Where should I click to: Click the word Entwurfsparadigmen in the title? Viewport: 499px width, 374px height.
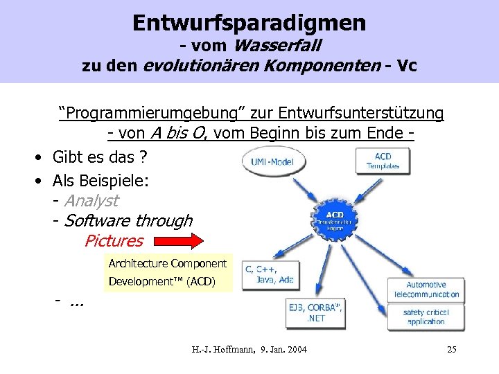click(x=249, y=22)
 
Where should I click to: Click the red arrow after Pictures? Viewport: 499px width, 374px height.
click(x=179, y=242)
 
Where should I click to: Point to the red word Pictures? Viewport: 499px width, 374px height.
click(x=113, y=241)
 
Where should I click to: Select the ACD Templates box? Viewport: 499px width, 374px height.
click(x=383, y=161)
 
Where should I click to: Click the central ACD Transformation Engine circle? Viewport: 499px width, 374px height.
click(x=335, y=220)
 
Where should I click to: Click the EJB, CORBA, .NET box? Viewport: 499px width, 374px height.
click(x=315, y=312)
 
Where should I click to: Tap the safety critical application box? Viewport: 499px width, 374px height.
click(x=426, y=317)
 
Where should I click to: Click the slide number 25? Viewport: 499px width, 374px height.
click(x=451, y=349)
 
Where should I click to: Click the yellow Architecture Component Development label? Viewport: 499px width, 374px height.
click(x=168, y=273)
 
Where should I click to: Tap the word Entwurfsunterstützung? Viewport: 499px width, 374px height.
click(x=376, y=112)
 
